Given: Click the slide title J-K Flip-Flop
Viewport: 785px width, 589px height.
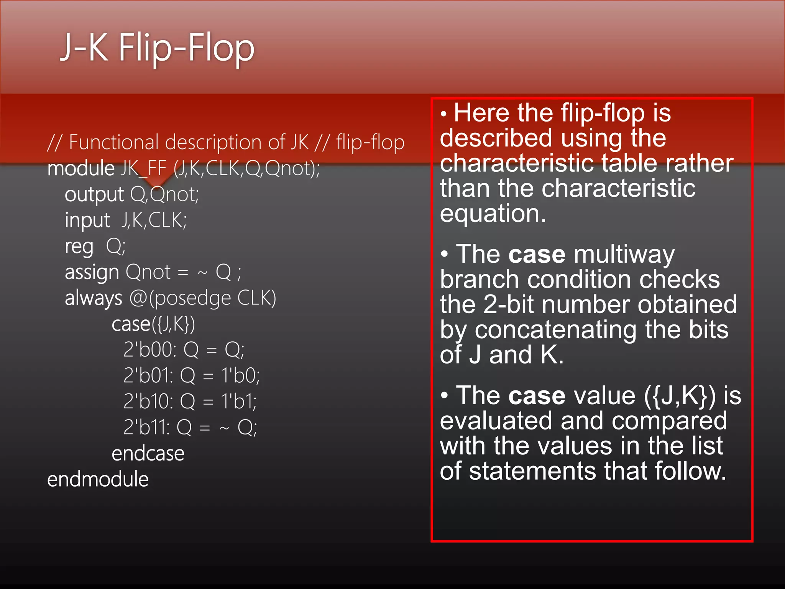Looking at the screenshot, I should pos(157,48).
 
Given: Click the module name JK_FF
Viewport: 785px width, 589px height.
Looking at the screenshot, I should pos(143,169).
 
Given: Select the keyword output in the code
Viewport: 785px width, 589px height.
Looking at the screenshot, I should pos(94,195).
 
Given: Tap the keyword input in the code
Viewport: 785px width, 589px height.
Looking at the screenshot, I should pos(87,220).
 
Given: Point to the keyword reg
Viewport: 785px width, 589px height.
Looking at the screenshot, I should pos(79,247).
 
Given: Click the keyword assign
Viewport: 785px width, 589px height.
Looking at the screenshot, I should pos(92,273).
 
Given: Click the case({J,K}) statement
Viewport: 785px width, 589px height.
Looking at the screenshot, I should pos(153,324).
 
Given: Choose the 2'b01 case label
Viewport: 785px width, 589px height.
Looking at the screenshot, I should pos(148,375).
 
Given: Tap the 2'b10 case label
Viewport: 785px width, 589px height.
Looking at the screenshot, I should pos(148,401).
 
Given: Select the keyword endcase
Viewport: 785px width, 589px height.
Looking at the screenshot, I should pos(148,454).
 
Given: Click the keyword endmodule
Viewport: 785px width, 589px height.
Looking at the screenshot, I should pos(98,480).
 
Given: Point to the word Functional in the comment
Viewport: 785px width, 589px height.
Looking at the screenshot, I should pos(113,142).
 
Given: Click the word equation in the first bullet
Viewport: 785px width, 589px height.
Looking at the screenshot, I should pos(493,214).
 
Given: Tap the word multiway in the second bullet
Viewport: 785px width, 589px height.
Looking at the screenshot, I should pos(624,255).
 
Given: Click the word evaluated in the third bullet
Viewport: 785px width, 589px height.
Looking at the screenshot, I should pos(496,421).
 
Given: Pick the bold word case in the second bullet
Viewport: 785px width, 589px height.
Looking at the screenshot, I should pos(537,255).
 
